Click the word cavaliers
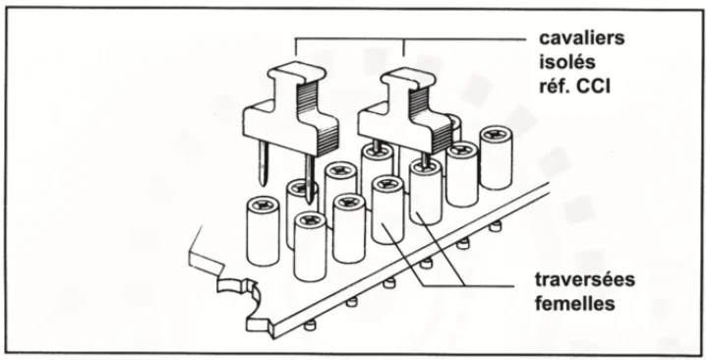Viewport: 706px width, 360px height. click(x=582, y=38)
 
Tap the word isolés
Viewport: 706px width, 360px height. click(x=567, y=62)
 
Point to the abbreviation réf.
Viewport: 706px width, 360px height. click(x=555, y=86)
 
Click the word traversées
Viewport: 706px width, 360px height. click(x=585, y=279)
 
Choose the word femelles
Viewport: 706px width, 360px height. click(x=575, y=303)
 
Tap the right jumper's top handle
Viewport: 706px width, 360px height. click(x=408, y=76)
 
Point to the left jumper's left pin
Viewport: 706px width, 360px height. click(x=264, y=163)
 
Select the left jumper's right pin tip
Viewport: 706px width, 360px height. click(x=310, y=202)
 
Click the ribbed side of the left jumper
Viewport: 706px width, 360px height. click(x=319, y=118)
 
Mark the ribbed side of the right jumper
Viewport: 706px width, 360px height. click(x=430, y=119)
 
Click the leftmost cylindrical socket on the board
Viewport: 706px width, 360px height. click(x=263, y=230)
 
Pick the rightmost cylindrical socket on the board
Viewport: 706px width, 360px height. click(x=496, y=156)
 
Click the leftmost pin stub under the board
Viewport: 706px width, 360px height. click(x=310, y=326)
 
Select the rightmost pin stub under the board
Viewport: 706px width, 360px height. click(x=496, y=225)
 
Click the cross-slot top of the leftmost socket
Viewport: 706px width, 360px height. click(x=263, y=205)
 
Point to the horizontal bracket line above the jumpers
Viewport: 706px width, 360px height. click(x=410, y=39)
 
